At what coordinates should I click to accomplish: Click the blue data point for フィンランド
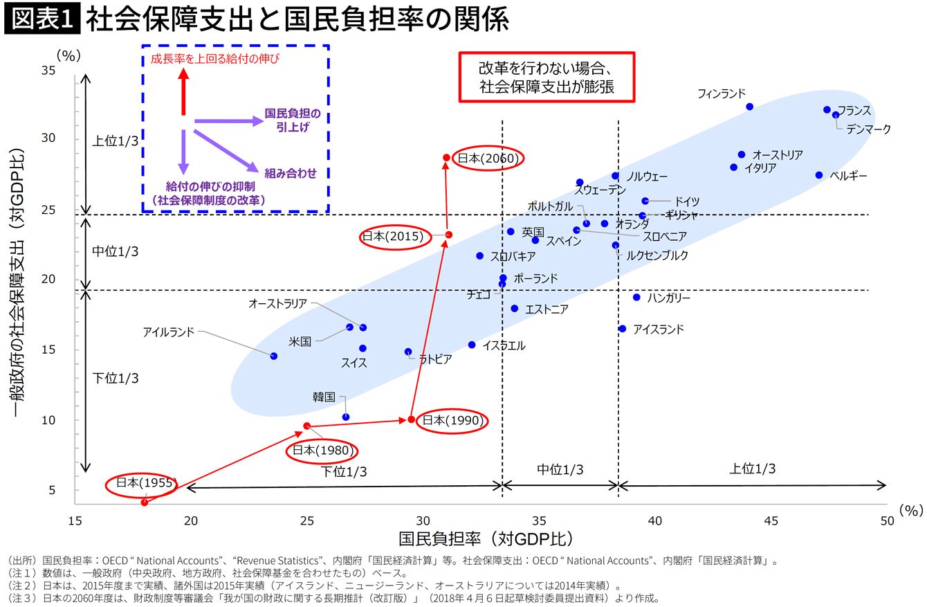tap(749, 107)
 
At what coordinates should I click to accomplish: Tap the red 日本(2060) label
tap(487, 158)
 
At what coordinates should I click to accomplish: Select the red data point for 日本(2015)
tap(448, 235)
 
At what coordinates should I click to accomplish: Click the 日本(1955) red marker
tap(145, 502)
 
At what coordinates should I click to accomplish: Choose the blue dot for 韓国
tap(346, 417)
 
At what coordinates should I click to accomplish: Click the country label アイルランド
tap(169, 332)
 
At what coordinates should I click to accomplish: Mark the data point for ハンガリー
tap(636, 297)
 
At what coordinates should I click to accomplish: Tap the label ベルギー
tap(848, 176)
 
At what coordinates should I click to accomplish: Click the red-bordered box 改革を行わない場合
tap(547, 78)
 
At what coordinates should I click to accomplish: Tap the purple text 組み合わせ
tap(290, 173)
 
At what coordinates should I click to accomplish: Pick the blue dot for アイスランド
tap(622, 329)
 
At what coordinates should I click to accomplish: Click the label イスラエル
tap(504, 345)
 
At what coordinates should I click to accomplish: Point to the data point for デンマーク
tap(836, 115)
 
